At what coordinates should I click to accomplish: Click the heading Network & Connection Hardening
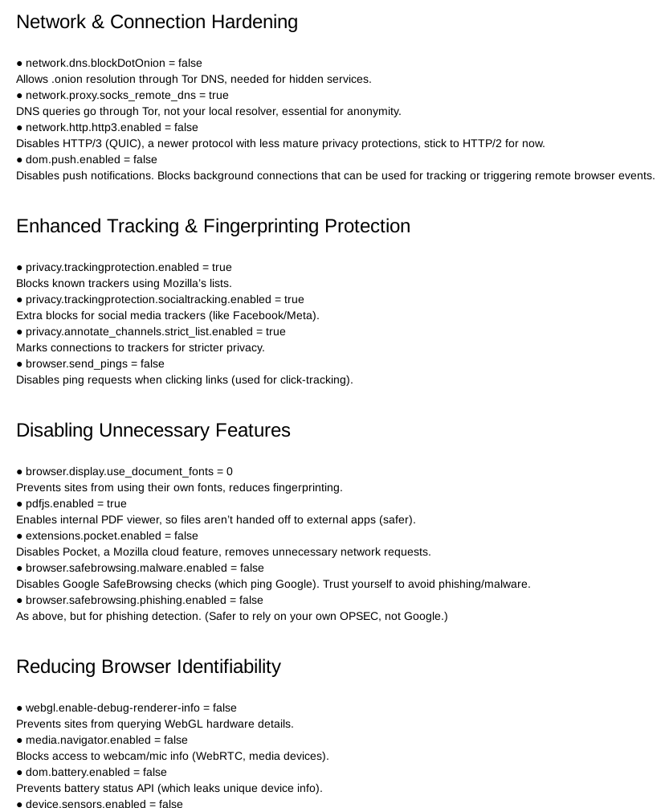pos(157,23)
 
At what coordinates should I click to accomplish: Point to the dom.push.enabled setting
pos(91,159)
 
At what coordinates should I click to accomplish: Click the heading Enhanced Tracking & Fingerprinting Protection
pos(213,227)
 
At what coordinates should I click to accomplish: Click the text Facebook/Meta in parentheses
pos(280,315)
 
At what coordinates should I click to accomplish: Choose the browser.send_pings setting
pos(95,363)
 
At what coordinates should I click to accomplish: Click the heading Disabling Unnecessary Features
pos(153,431)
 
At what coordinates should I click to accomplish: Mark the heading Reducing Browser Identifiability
pos(149,667)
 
